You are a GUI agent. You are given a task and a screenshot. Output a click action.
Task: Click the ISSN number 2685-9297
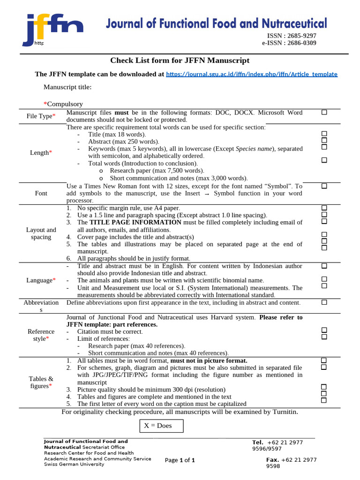coord(299,36)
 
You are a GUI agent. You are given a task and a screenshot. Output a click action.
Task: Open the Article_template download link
coord(251,74)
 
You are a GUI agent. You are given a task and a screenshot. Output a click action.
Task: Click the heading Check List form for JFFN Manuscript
coord(180,60)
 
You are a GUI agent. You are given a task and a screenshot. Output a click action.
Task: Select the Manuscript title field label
coord(67,87)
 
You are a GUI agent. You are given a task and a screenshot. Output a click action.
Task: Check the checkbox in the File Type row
coord(324,112)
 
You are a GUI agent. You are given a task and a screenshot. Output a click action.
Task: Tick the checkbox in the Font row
coord(324,186)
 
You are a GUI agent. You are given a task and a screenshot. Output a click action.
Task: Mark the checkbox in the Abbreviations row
coord(324,302)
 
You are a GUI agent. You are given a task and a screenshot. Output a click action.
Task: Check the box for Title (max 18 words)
coord(324,134)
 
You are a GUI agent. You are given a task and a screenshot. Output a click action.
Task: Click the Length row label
coord(39,153)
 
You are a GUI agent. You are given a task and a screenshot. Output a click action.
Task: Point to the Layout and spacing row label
coord(41,233)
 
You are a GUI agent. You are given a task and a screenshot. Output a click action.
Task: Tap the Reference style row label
coord(41,335)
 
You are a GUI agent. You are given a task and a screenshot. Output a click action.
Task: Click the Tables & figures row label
coord(41,382)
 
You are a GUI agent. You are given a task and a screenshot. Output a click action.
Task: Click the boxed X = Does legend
coord(161,426)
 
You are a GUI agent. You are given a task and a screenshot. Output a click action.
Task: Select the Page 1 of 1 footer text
coord(180,460)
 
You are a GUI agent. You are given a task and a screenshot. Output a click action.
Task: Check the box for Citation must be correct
coord(324,330)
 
